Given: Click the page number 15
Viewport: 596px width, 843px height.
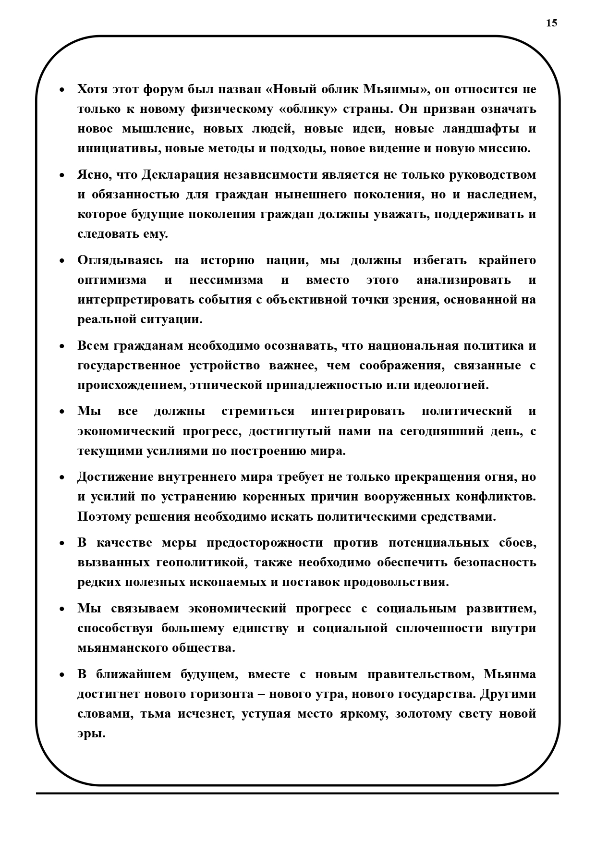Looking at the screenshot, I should (x=551, y=23).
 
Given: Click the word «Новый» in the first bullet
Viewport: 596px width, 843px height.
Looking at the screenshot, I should (x=293, y=89).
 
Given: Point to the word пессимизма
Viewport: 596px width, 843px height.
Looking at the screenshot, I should (x=226, y=280).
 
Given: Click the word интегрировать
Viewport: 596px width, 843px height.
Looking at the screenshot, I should (x=357, y=412).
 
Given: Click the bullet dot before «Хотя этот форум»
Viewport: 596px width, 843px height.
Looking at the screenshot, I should (x=62, y=90).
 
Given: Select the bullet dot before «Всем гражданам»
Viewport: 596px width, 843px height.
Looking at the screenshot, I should (x=62, y=347).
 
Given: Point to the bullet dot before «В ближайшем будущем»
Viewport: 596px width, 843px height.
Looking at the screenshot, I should (x=62, y=675).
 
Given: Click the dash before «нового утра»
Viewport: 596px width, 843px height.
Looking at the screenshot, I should (x=262, y=695).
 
